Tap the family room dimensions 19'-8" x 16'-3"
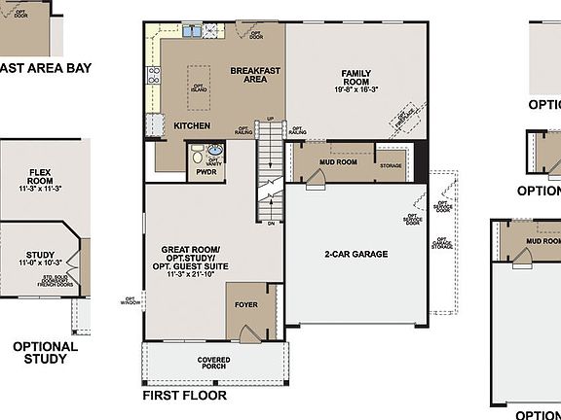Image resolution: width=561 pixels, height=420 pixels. (x=358, y=89)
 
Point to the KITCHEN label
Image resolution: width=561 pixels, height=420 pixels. (x=192, y=125)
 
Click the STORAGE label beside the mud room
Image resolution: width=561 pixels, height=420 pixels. (x=391, y=166)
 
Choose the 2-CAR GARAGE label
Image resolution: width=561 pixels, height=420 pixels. (x=356, y=255)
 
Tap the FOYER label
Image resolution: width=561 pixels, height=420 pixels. (x=246, y=304)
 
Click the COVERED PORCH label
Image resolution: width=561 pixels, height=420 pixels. (x=213, y=364)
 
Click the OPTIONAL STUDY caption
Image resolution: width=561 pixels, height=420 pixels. (x=45, y=353)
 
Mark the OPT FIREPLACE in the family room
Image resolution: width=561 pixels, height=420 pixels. (x=403, y=119)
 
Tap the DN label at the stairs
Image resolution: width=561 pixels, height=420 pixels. (x=270, y=223)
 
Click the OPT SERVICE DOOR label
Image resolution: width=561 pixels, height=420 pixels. (x=413, y=221)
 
